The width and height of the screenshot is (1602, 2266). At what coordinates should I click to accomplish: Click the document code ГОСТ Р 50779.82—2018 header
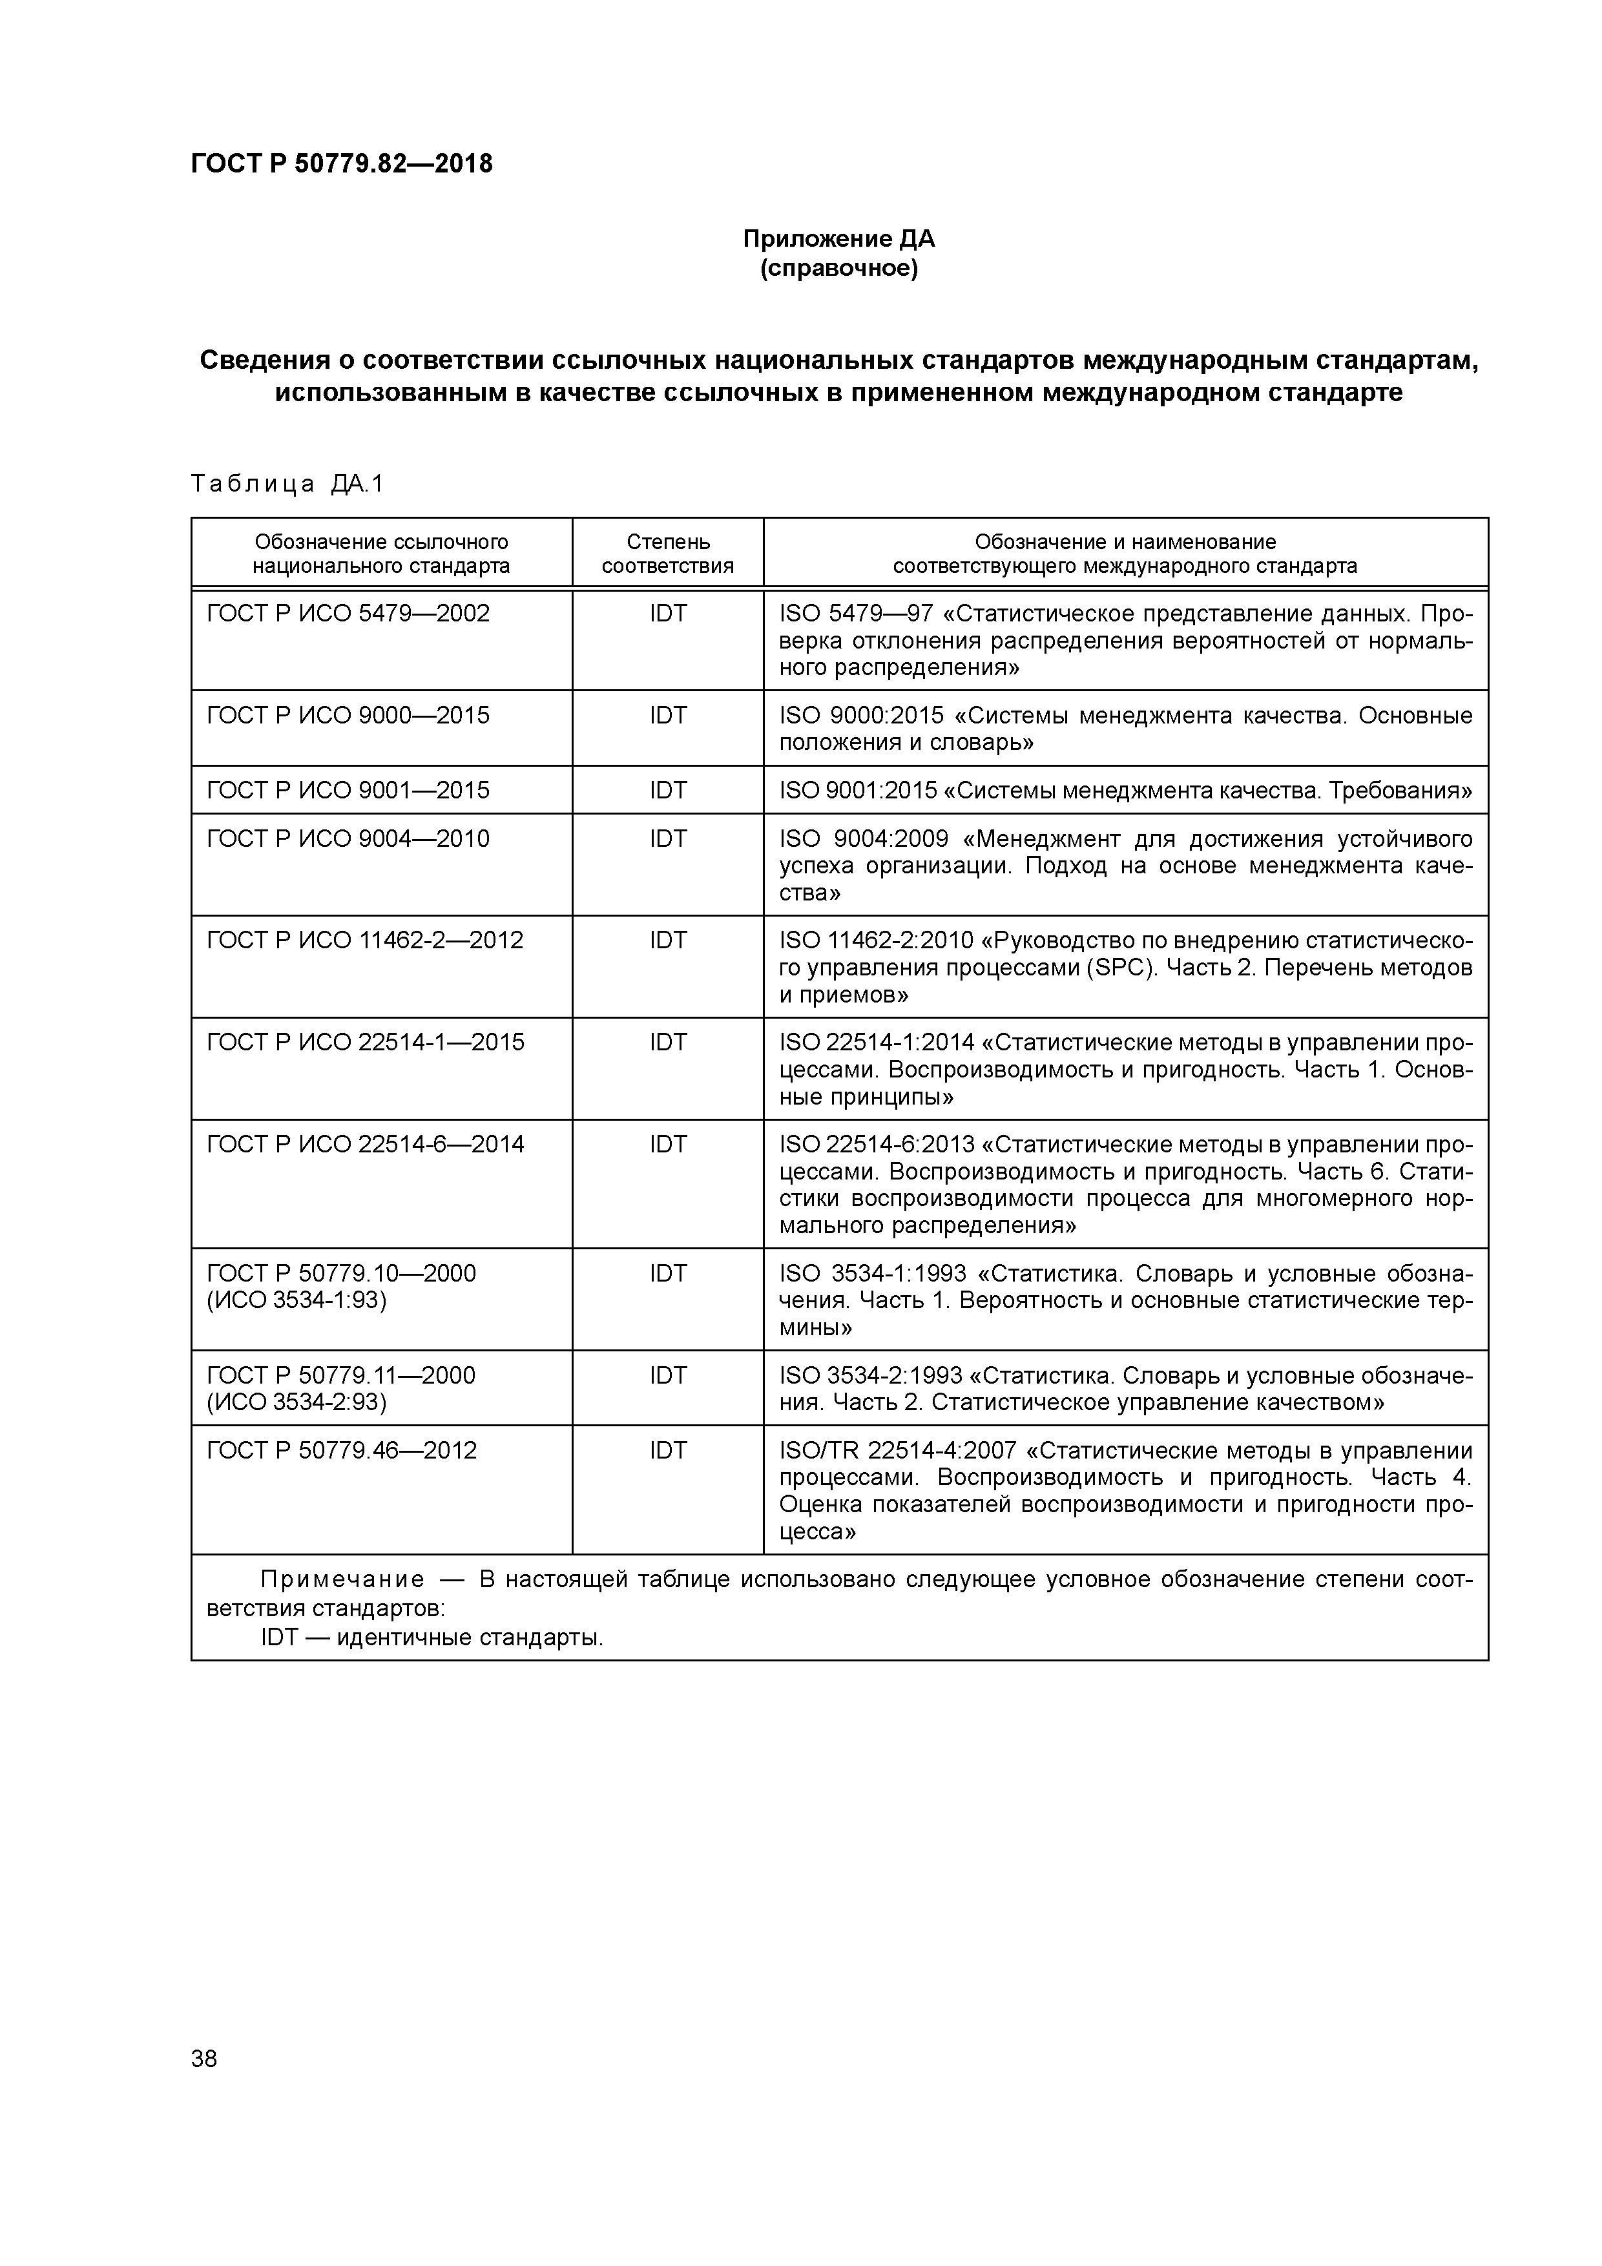tap(342, 164)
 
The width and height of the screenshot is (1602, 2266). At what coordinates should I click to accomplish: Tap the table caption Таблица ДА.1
tap(287, 484)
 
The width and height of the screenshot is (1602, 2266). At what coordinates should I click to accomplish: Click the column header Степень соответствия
tap(667, 554)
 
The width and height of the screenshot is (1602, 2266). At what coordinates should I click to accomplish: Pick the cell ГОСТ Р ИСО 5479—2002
tap(348, 614)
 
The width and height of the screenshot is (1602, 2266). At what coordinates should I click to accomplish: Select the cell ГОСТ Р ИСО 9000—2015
tap(348, 716)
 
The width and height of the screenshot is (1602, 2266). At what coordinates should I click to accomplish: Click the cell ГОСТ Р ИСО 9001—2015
tap(348, 791)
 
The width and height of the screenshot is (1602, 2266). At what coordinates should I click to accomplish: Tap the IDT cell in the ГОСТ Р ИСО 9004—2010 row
tap(667, 839)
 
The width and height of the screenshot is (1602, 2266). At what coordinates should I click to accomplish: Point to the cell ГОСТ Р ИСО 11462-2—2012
tap(364, 941)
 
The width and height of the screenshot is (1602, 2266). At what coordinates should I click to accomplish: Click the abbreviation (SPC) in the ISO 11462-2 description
tap(1121, 968)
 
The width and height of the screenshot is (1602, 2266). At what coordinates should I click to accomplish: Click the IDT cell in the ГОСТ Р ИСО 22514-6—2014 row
tap(667, 1145)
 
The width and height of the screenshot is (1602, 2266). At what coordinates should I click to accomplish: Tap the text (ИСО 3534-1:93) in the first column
tap(296, 1301)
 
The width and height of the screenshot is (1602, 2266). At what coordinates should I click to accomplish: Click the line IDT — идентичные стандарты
tap(432, 1638)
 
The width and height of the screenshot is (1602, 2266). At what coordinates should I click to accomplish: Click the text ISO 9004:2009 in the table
tap(864, 839)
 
